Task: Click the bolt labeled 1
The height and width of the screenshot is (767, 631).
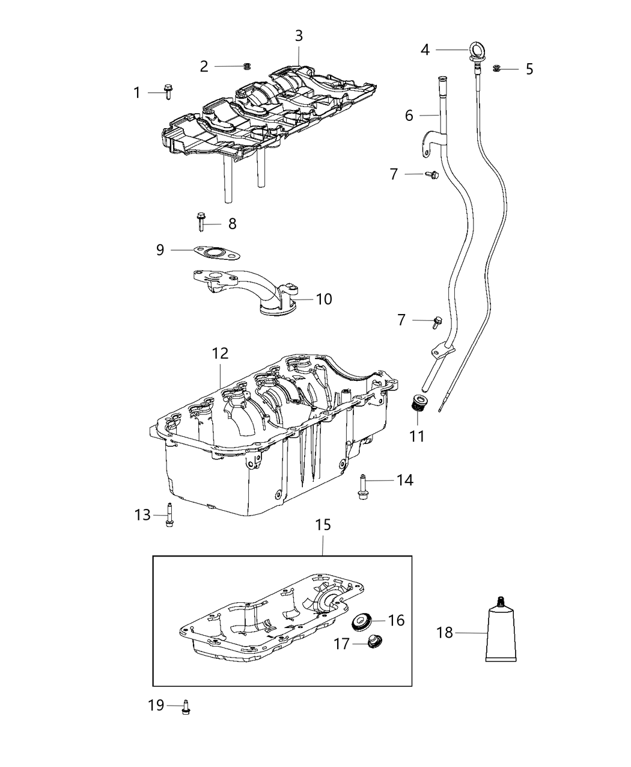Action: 168,93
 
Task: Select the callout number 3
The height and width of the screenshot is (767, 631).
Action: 299,36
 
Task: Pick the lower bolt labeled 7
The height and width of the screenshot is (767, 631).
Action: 437,322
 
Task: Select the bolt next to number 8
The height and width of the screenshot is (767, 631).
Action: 200,222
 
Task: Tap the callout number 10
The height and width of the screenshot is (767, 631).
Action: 324,299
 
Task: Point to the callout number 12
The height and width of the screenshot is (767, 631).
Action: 220,354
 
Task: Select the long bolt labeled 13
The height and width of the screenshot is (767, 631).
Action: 169,515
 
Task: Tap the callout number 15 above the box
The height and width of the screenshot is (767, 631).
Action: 323,525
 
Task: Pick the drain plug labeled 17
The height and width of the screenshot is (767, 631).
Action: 376,642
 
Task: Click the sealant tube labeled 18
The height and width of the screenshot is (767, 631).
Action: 501,634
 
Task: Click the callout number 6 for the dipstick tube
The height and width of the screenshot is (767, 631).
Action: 409,115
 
